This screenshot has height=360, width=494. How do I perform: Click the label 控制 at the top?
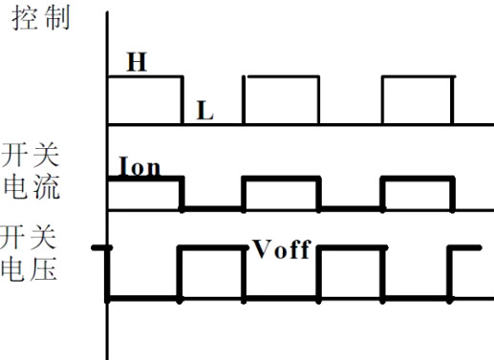(x=40, y=18)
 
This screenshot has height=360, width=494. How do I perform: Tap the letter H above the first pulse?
(x=137, y=62)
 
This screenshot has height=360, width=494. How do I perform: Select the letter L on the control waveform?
(x=204, y=111)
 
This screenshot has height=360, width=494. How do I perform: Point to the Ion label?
(x=140, y=167)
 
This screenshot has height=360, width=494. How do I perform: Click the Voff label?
(x=282, y=249)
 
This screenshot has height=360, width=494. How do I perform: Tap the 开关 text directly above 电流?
(x=32, y=156)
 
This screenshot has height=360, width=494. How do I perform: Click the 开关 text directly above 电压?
(x=30, y=237)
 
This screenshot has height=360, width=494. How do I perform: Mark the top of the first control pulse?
(x=144, y=77)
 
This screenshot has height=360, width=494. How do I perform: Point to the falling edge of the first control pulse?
(x=182, y=100)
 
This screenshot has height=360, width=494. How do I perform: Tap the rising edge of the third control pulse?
(x=383, y=100)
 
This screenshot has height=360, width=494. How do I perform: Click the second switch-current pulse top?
(x=282, y=179)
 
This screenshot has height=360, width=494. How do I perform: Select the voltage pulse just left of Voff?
(x=212, y=247)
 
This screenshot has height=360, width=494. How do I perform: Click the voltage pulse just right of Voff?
(x=351, y=247)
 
